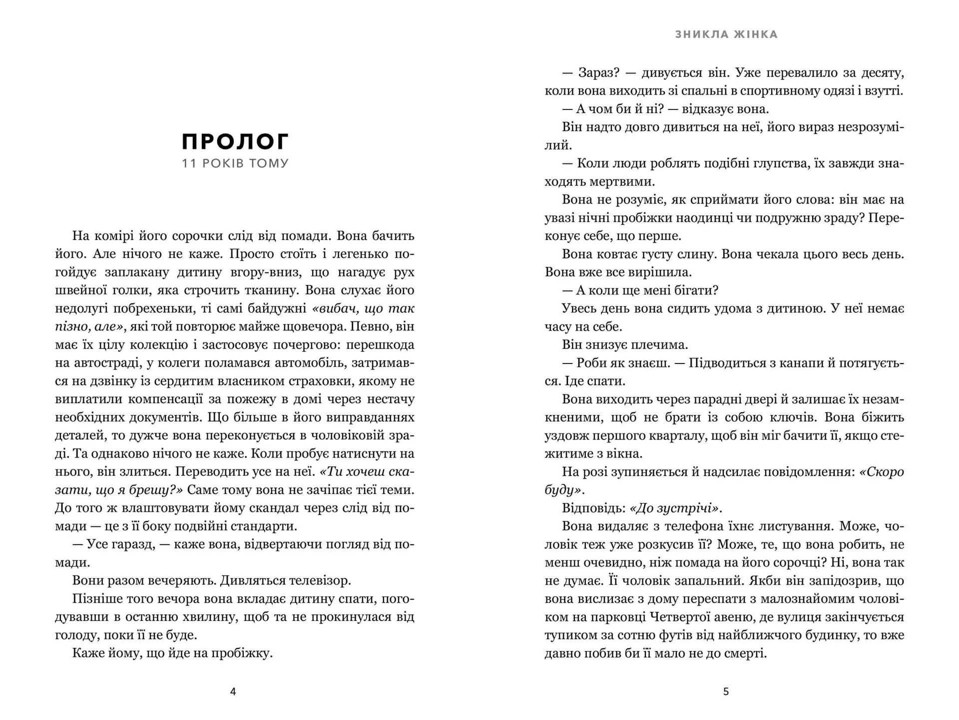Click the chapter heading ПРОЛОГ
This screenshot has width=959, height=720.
[235, 141]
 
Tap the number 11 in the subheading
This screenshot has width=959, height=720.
[189, 163]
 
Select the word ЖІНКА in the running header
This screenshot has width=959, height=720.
[756, 34]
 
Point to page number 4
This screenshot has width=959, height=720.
[233, 691]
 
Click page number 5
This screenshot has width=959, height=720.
[726, 691]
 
